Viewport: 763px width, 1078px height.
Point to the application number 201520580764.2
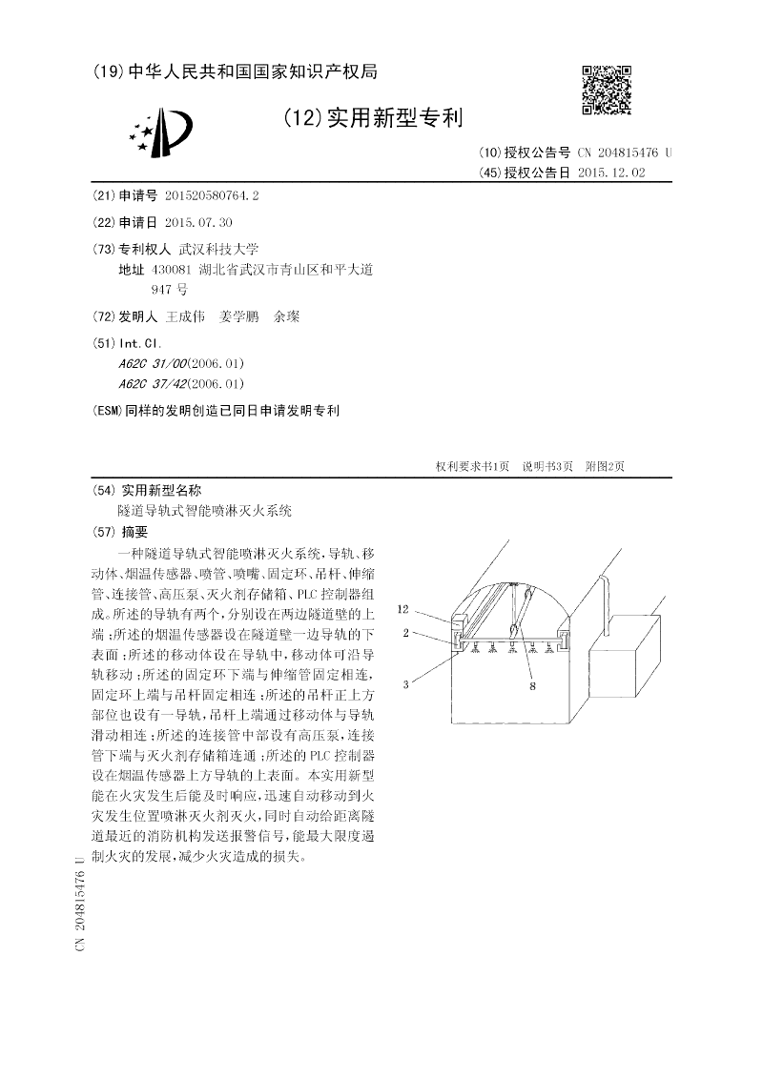[x=211, y=195]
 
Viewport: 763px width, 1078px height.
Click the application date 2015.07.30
[x=198, y=222]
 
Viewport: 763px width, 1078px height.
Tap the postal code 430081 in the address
[x=173, y=270]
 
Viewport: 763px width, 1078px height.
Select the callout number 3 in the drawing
[x=405, y=683]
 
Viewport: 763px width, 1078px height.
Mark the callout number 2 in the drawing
[x=405, y=631]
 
